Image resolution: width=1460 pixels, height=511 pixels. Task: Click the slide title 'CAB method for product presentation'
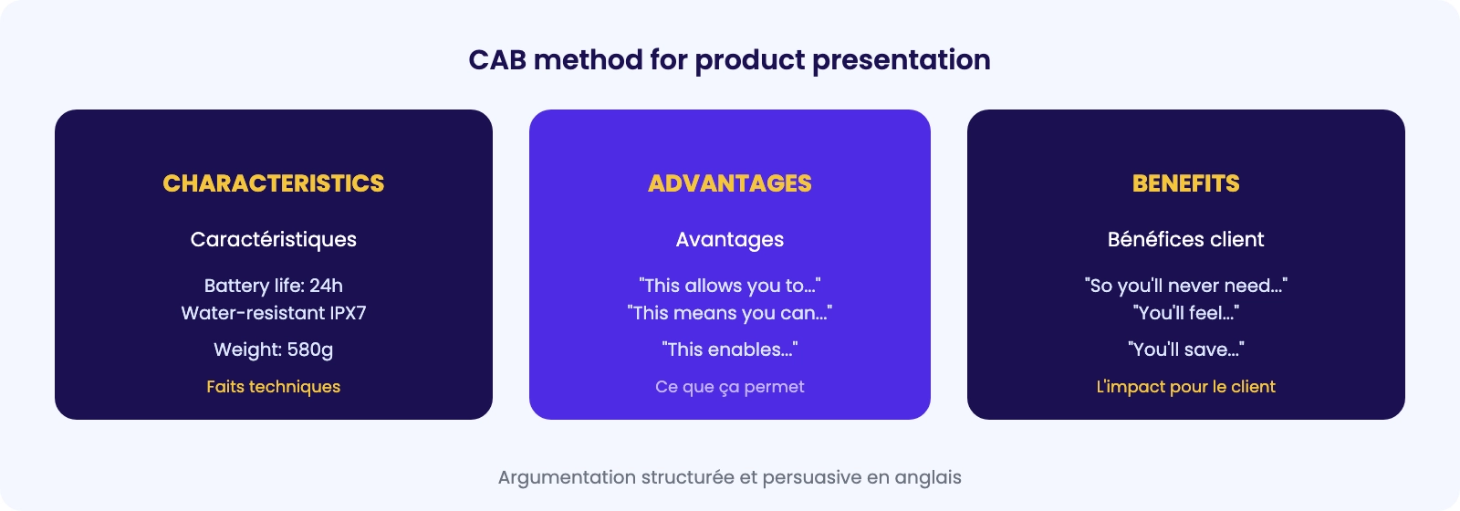click(x=729, y=60)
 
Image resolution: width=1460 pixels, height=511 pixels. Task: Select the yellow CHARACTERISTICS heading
click(x=274, y=183)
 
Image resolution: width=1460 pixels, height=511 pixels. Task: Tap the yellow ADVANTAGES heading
click(x=730, y=183)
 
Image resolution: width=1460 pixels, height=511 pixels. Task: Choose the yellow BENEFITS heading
click(x=1186, y=183)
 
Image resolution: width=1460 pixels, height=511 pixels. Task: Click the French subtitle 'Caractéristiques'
click(x=274, y=240)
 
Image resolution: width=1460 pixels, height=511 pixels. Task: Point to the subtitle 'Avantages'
click(x=730, y=240)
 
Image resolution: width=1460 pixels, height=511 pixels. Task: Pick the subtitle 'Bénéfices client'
click(x=1186, y=239)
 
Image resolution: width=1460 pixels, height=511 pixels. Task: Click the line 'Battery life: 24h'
click(x=274, y=286)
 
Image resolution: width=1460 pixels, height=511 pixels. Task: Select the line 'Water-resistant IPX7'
click(x=274, y=313)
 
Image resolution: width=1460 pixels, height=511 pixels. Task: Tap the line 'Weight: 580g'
click(x=274, y=350)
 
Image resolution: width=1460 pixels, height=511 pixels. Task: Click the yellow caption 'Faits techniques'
click(x=274, y=387)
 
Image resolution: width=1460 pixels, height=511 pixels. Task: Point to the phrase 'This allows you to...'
click(x=730, y=286)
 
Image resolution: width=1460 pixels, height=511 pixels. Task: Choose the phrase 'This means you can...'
click(x=730, y=313)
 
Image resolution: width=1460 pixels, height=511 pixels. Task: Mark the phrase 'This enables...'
click(x=730, y=349)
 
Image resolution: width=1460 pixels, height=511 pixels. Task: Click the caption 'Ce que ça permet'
click(x=730, y=387)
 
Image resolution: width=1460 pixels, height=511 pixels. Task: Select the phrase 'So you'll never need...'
click(x=1186, y=286)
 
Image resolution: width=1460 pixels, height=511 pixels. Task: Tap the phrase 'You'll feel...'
click(x=1186, y=313)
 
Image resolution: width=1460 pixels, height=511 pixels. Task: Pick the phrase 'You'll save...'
click(x=1186, y=349)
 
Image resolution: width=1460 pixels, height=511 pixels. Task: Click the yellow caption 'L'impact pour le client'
click(x=1186, y=387)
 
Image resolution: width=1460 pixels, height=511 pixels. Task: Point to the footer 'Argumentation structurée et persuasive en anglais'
click(x=730, y=478)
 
